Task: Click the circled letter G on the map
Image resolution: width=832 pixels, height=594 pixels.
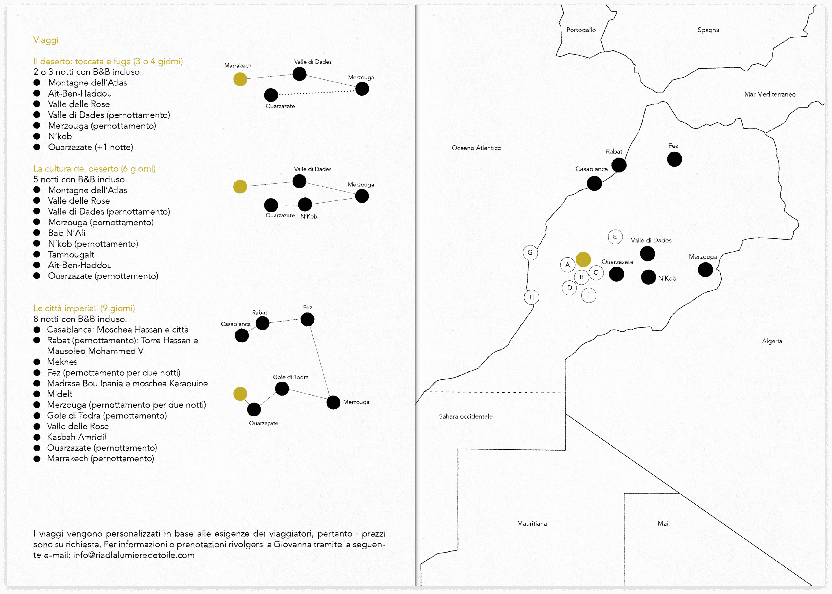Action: (530, 252)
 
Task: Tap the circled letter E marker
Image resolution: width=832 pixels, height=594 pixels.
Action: (615, 237)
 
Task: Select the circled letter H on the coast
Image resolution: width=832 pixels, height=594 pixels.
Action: (531, 297)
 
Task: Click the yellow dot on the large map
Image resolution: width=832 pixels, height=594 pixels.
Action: (583, 259)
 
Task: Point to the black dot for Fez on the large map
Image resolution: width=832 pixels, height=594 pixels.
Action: (674, 159)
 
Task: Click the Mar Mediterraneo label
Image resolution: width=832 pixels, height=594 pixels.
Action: (770, 94)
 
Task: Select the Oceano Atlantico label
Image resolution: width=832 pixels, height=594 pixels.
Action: (476, 148)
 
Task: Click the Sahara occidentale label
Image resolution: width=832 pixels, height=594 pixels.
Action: (466, 416)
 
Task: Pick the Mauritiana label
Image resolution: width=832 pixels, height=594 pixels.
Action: (532, 523)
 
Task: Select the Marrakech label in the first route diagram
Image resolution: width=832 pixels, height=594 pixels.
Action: (238, 66)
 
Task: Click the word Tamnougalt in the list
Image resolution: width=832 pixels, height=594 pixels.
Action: (71, 255)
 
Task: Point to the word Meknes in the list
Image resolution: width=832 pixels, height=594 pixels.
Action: (62, 362)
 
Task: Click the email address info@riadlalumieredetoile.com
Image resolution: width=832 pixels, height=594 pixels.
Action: (134, 555)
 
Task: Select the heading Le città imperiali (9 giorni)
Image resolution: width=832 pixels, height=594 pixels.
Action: (84, 308)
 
